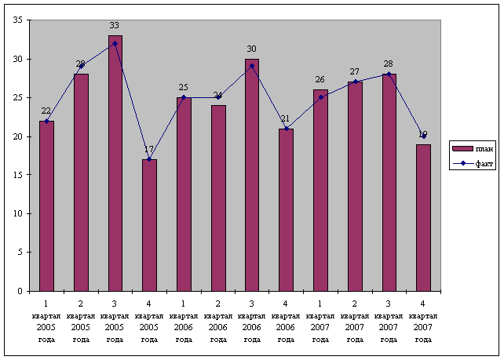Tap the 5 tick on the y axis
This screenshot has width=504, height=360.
tap(20, 253)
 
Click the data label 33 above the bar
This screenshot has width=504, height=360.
tap(115, 26)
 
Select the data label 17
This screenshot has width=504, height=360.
tap(149, 150)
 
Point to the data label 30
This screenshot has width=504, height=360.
tap(251, 49)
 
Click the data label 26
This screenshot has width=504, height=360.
tap(320, 80)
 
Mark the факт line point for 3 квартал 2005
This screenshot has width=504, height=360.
tap(115, 43)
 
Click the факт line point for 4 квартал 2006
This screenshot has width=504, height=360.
tap(286, 129)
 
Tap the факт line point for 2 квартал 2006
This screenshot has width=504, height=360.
tap(217, 97)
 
